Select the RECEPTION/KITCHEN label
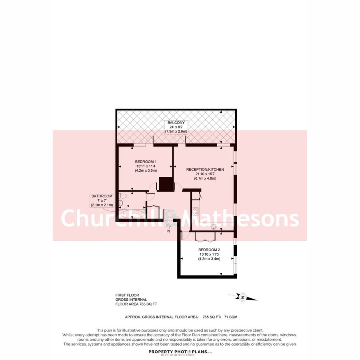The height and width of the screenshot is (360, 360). [x=205, y=170]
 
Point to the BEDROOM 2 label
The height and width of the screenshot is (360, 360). [x=209, y=250]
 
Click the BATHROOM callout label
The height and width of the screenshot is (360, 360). [x=102, y=196]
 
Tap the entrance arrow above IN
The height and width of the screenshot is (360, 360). [x=168, y=226]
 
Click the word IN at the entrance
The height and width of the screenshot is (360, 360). [x=168, y=232]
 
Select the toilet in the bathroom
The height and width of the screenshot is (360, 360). [x=122, y=196]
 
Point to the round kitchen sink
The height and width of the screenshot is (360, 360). [x=213, y=226]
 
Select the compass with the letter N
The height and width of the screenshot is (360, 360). [x=242, y=297]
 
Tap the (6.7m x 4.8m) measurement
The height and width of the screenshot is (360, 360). [x=205, y=178]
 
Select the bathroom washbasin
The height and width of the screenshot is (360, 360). [x=121, y=203]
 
